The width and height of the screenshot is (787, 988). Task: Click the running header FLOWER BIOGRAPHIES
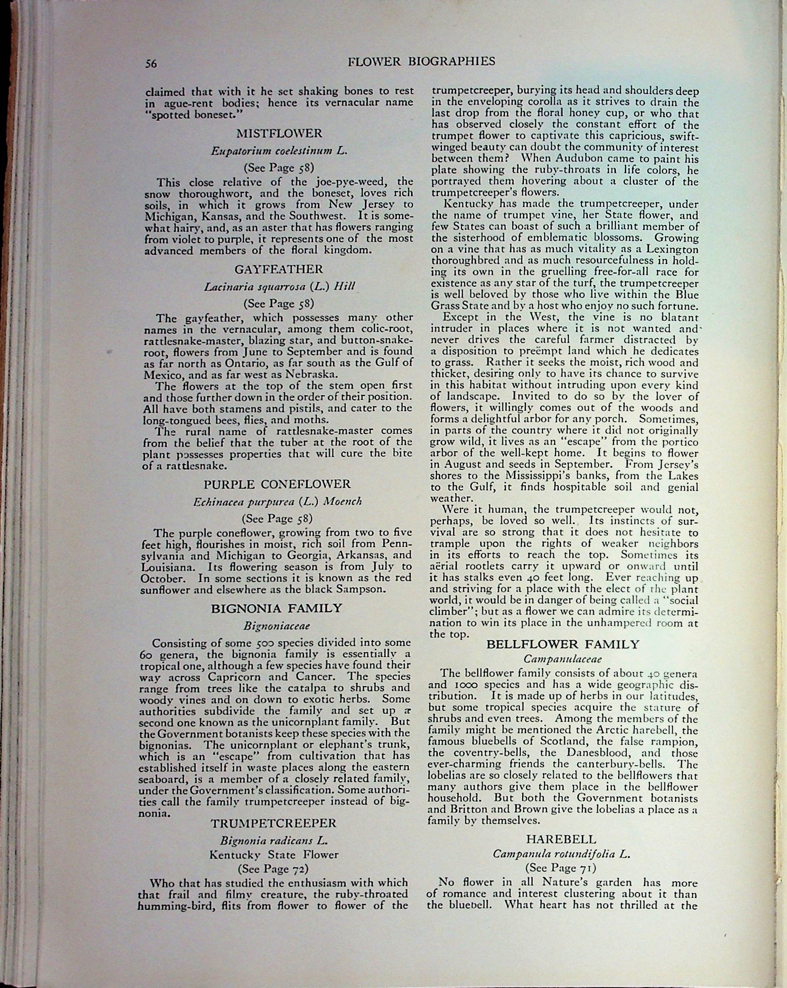[x=421, y=62]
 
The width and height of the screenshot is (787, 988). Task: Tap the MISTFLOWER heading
[x=279, y=134]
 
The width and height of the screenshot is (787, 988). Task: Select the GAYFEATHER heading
[x=278, y=269]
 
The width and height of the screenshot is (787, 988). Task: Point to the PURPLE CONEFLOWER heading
[x=277, y=484]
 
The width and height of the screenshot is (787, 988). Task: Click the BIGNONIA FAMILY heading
[x=276, y=608]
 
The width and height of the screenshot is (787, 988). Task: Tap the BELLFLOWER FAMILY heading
[x=562, y=644]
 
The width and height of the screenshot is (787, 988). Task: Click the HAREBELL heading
[x=561, y=839]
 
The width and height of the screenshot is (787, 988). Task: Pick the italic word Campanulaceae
[x=562, y=659]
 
